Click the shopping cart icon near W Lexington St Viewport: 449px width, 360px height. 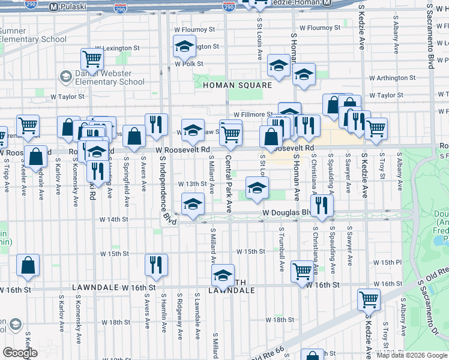[92, 59]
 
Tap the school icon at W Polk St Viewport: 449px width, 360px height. [184, 46]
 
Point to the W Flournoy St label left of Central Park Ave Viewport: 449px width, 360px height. [193, 29]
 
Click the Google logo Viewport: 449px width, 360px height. [20, 353]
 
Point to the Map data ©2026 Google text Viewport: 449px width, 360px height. [412, 355]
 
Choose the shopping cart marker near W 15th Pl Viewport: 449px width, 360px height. [302, 271]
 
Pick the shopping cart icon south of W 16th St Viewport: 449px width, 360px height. [369, 299]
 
